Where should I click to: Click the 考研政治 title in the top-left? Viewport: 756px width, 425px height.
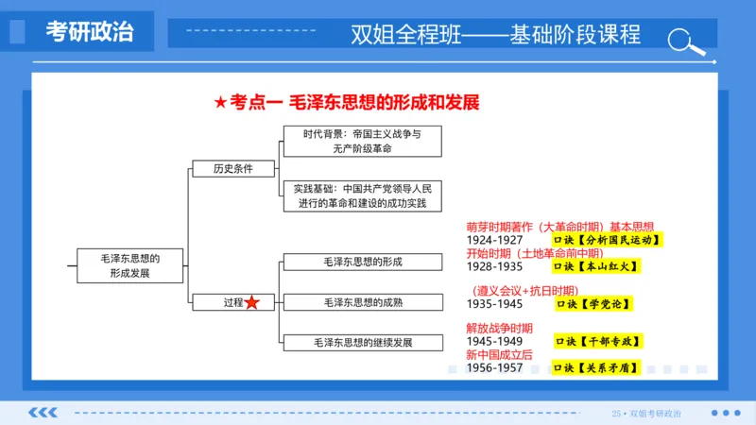90,32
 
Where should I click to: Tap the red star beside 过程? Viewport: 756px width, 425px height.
252,302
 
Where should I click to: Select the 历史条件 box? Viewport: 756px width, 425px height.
219,169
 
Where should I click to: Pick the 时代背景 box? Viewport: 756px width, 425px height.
362,142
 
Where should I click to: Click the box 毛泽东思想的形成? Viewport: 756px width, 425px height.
362,262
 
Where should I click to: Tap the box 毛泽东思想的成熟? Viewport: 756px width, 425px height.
362,302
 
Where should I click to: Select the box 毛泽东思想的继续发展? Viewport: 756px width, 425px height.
362,342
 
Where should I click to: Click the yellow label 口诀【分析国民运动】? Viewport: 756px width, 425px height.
608,240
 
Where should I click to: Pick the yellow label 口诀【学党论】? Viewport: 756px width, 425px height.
593,304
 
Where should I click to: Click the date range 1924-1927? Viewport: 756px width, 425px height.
495,240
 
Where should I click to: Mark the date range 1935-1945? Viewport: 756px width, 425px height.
495,304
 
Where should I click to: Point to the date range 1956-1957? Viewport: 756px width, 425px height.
495,367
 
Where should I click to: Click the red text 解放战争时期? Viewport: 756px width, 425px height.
500,328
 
